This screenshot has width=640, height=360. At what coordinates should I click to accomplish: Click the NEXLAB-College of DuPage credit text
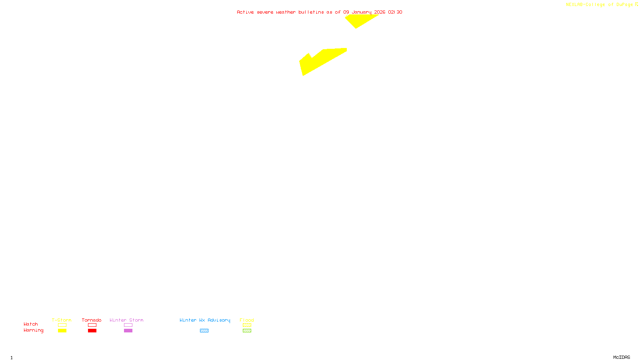[600, 5]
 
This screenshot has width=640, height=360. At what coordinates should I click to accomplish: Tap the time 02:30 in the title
[395, 12]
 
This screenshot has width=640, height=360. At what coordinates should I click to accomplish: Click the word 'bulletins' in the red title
[311, 12]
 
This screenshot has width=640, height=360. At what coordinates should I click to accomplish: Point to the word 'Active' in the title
[245, 12]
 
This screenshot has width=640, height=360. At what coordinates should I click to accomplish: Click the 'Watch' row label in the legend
[31, 324]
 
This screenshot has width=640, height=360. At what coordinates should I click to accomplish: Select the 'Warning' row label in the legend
[33, 330]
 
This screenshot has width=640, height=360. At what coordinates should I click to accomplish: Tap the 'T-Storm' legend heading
[62, 320]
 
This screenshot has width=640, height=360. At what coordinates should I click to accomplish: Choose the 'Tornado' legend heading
[92, 320]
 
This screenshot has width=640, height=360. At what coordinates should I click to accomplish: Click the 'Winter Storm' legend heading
[126, 320]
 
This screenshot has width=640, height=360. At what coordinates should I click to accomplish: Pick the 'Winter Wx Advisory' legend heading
[205, 320]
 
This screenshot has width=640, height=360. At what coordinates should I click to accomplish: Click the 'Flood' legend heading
[247, 320]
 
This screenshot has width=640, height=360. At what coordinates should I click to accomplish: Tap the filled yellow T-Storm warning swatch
[62, 331]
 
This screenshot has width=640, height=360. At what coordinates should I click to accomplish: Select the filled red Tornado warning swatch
[92, 331]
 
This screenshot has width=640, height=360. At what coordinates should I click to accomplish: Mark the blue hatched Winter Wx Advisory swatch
[204, 331]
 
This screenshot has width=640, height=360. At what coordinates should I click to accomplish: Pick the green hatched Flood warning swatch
[247, 331]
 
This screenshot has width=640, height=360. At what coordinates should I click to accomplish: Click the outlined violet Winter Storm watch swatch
[128, 325]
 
